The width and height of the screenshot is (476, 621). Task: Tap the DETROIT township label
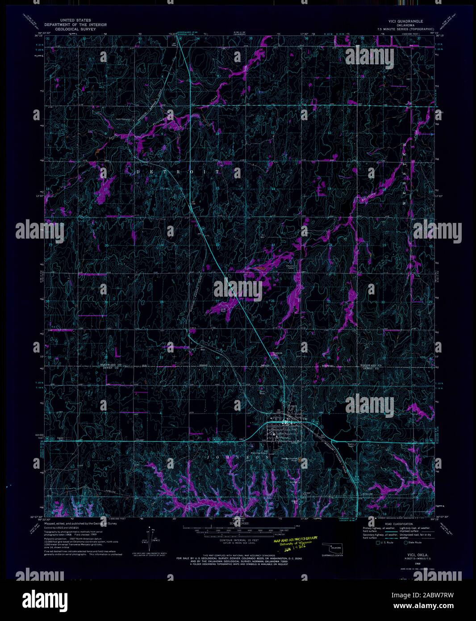click(x=179, y=172)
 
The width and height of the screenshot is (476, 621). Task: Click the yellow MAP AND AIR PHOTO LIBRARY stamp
click(x=295, y=540)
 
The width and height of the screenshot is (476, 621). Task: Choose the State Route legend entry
click(x=412, y=544)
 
